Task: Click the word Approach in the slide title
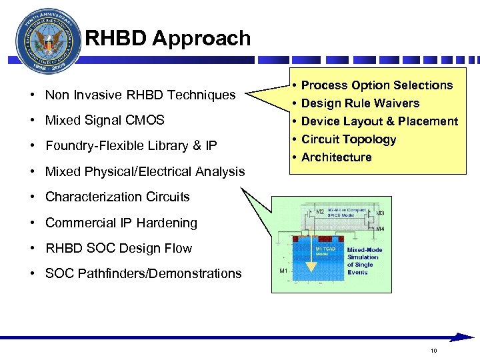pos(201,38)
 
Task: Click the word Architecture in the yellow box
pos(337,157)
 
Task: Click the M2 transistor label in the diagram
pos(320,211)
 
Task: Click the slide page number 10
pos(434,351)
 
